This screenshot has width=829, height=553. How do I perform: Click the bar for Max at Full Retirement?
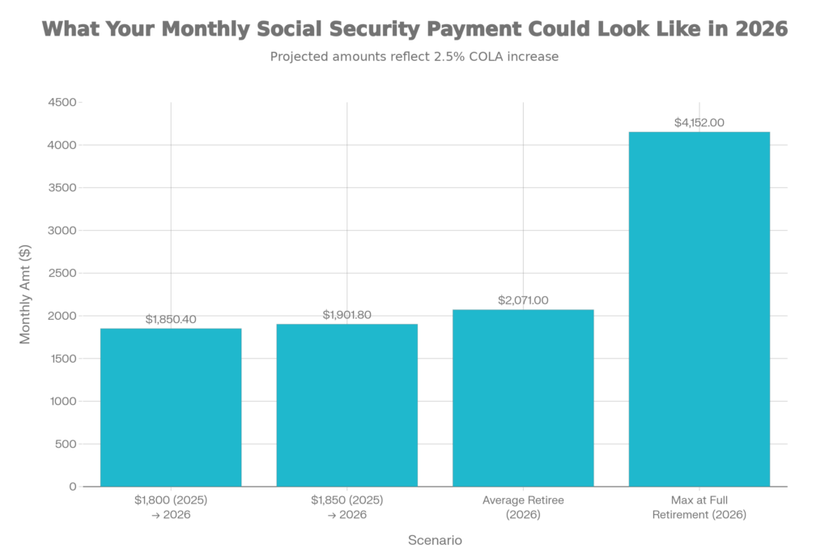(699, 308)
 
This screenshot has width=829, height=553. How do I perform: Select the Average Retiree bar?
(523, 398)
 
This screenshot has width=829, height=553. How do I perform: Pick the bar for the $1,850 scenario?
(347, 405)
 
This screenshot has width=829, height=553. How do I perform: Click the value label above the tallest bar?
(699, 123)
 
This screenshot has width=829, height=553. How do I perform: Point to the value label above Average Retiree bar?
(523, 300)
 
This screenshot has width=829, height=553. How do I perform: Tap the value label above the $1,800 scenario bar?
(171, 319)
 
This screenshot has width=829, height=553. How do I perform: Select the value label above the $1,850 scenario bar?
(347, 314)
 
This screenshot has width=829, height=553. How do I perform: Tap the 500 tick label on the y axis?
(68, 444)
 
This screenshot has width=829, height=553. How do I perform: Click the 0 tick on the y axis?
(73, 487)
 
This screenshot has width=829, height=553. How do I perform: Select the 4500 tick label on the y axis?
(65, 103)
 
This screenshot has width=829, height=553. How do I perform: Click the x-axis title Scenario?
(435, 539)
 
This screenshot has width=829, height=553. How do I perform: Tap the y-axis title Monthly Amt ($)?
(26, 295)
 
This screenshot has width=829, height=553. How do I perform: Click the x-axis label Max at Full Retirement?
(699, 508)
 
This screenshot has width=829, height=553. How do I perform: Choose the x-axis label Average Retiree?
(523, 508)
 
